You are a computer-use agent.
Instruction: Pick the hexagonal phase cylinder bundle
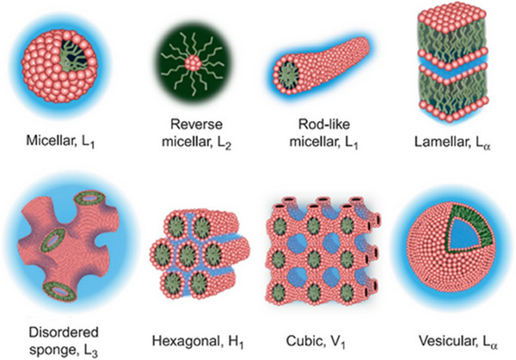[198, 249]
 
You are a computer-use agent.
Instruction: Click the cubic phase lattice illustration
[325, 249]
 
